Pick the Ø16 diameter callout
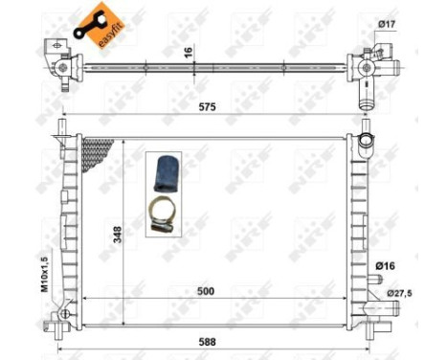[386, 264]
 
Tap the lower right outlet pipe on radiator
[380, 306]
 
